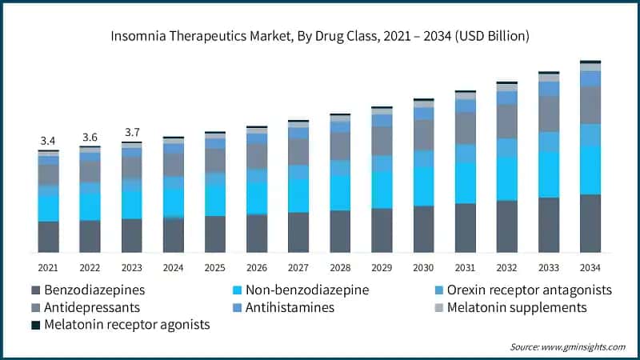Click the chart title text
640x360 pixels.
[x=320, y=36]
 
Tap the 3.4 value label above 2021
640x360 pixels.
[x=49, y=141]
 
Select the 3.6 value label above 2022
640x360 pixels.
[x=90, y=137]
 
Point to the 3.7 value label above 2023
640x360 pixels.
[x=132, y=132]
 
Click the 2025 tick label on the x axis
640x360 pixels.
[x=215, y=266]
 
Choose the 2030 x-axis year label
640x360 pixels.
[x=423, y=266]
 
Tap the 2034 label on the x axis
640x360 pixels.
[x=590, y=266]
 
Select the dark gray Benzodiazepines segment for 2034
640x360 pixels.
[x=590, y=223]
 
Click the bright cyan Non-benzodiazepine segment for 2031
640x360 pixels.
[x=465, y=182]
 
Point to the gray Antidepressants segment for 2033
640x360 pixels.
[x=549, y=114]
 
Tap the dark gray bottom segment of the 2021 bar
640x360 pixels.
[x=49, y=237]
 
